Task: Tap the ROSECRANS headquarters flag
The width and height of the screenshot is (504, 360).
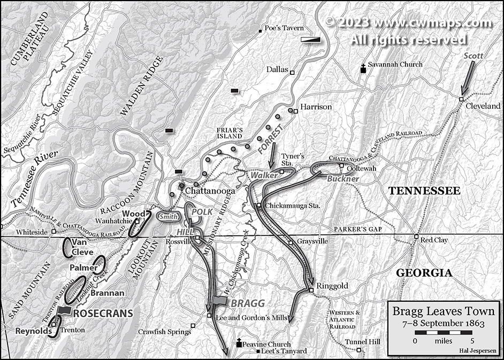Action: coord(65,310)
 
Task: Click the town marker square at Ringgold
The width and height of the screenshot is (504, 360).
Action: coord(310,290)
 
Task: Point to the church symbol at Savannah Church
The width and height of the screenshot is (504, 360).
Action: coord(363,68)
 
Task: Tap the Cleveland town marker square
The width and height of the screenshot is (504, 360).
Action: coord(461,98)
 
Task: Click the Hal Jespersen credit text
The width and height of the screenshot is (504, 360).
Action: coord(477,350)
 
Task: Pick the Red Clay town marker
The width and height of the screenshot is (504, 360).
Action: coord(416,236)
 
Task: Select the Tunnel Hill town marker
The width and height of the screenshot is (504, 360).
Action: coord(359,351)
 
